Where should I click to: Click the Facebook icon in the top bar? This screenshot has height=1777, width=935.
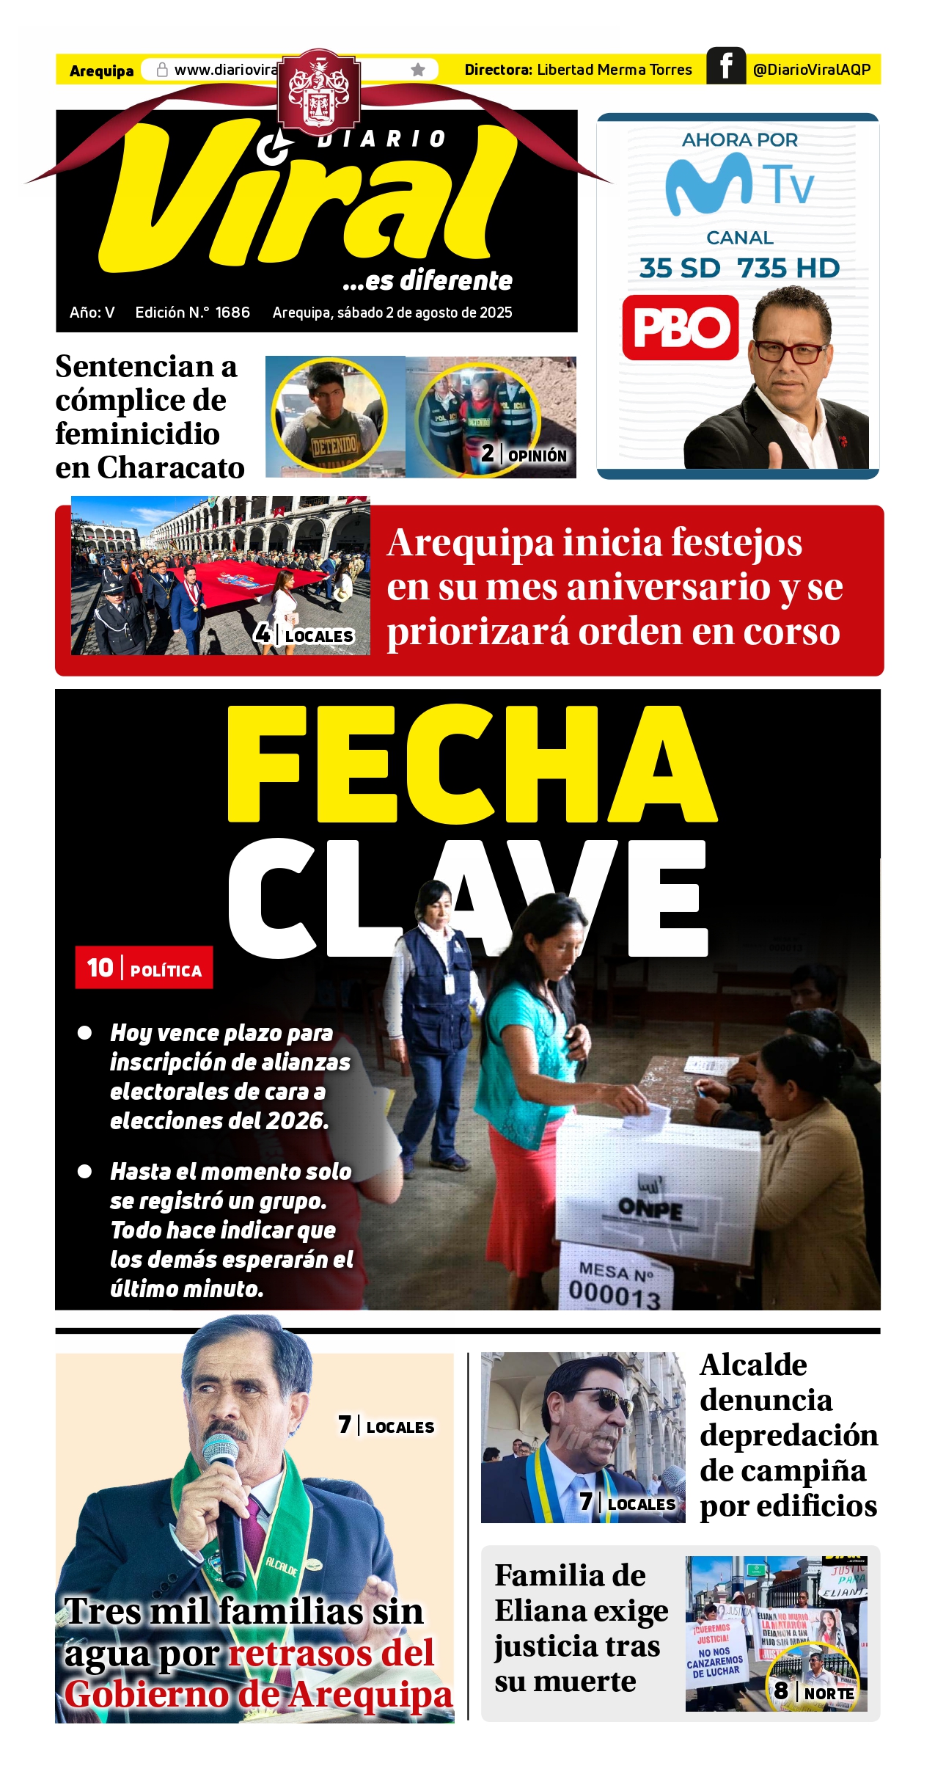pyautogui.click(x=725, y=66)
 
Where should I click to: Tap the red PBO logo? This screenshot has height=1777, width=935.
pyautogui.click(x=680, y=327)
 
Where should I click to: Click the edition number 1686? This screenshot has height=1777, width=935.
pyautogui.click(x=232, y=313)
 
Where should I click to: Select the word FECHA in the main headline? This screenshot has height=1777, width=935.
pyautogui.click(x=471, y=764)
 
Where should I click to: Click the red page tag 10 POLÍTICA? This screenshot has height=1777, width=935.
pyautogui.click(x=144, y=968)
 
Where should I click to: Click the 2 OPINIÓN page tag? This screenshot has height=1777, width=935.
pyautogui.click(x=524, y=455)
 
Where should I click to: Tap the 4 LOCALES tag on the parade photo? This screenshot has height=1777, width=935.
pyautogui.click(x=304, y=635)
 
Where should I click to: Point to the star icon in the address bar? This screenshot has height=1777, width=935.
pyautogui.click(x=418, y=70)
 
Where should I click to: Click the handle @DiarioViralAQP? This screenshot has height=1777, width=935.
pyautogui.click(x=811, y=70)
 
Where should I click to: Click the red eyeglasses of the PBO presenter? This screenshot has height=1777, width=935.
pyautogui.click(x=788, y=351)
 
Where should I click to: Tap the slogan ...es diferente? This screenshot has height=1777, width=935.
pyautogui.click(x=427, y=281)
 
